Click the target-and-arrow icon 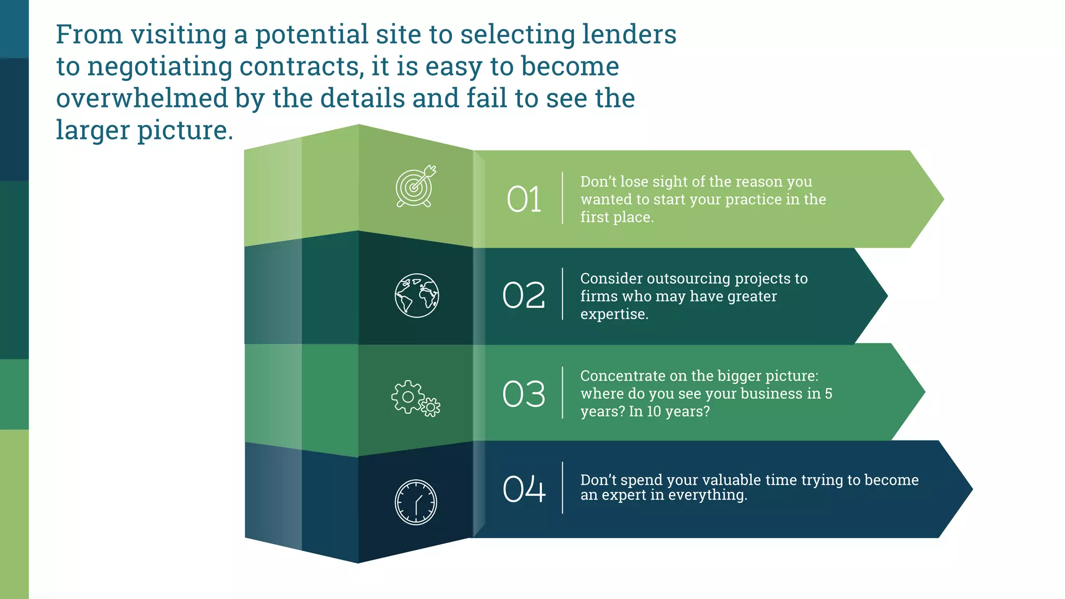point(415,187)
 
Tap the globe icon point(417,295)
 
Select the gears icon point(415,398)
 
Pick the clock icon point(416,502)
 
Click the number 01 point(524,199)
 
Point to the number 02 point(524,295)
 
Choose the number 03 point(524,394)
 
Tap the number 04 point(524,489)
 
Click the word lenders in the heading point(629,34)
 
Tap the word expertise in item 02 point(614,314)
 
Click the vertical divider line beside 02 point(563,294)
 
